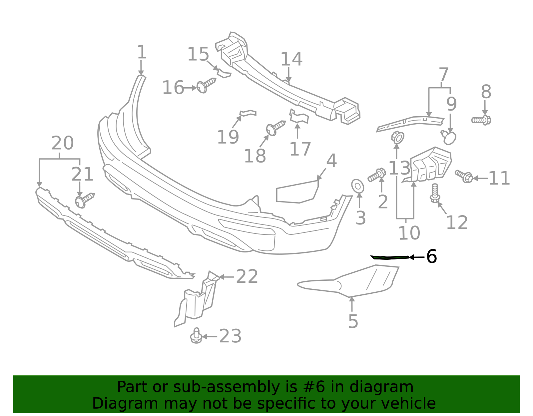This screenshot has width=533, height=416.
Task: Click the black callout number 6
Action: point(431,257)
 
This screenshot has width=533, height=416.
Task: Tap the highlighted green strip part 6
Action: point(390,257)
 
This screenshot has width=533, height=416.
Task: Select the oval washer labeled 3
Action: point(357,186)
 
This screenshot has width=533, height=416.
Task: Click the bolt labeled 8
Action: point(481,120)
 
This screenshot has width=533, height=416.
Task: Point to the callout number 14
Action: point(291,59)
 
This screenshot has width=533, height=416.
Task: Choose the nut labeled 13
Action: point(397,137)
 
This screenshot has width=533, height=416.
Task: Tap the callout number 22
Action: point(247,277)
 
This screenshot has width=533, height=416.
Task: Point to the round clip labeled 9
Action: point(449,137)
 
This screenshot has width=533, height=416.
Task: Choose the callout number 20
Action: point(63,143)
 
